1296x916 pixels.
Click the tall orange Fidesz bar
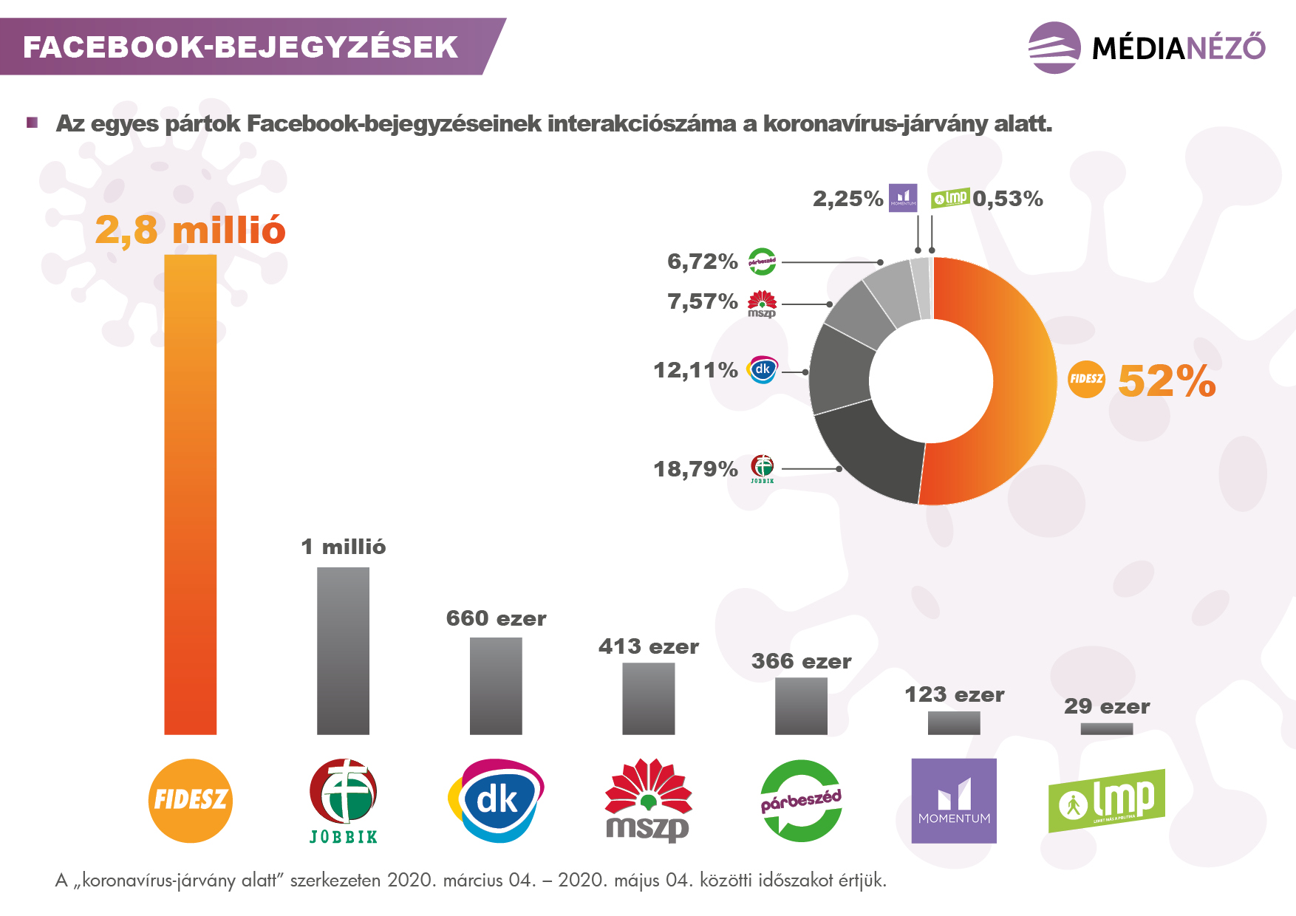[x=190, y=495]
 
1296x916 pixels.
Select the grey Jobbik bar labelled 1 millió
[x=343, y=651]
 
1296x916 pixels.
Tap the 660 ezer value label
[x=496, y=618]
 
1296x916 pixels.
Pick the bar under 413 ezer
[x=648, y=698]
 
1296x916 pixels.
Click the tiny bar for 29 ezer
[x=1106, y=729]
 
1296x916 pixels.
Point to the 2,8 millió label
[x=190, y=230]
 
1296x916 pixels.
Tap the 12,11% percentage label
[x=695, y=370]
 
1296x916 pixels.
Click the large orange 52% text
[x=1166, y=381]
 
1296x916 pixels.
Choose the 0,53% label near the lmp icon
[x=1008, y=199]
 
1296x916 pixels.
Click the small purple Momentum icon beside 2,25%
[x=902, y=198]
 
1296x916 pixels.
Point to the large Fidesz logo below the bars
[x=190, y=801]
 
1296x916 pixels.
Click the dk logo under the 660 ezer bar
[x=496, y=801]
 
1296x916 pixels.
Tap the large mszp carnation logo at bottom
[x=648, y=801]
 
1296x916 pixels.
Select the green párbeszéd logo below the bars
[x=801, y=801]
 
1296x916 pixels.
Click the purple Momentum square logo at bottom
[x=953, y=801]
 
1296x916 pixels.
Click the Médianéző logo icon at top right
[x=1054, y=48]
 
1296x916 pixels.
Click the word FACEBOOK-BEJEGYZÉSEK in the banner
[x=240, y=47]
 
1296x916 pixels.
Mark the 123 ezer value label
[x=954, y=694]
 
